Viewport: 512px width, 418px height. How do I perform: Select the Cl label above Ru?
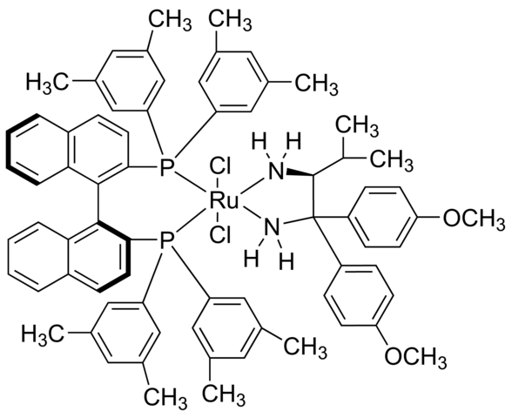coord(220,168)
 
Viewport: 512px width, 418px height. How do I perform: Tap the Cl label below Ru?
coord(220,235)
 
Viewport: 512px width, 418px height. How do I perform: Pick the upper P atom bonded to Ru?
coord(167,168)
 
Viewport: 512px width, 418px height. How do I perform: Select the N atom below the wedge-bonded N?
coord(272,226)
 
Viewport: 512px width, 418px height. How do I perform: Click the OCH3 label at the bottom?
coord(415,357)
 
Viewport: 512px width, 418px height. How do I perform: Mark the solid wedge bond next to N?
coord(300,172)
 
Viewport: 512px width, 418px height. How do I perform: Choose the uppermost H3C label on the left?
coord(47,82)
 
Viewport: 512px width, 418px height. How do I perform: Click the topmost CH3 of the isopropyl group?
coord(358,126)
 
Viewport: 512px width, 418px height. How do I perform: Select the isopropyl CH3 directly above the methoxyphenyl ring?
coord(391,161)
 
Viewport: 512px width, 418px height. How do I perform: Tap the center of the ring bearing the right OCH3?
coord(382,217)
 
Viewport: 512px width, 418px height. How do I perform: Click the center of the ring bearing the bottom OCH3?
coord(359,295)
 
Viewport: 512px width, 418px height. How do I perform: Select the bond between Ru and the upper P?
coord(191,183)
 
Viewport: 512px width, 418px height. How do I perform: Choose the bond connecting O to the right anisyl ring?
coord(429,217)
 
